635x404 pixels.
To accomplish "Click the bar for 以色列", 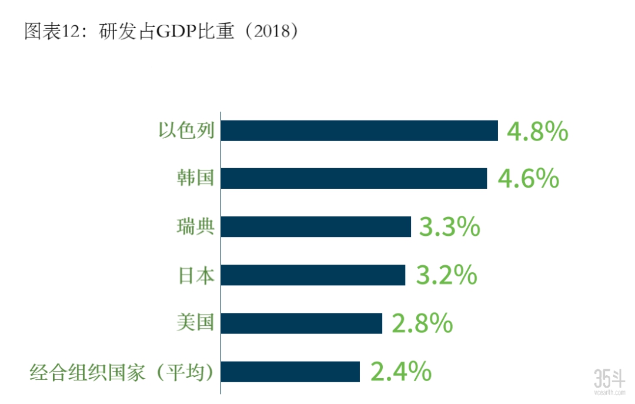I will point(359,131).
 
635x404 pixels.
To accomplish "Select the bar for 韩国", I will point(354,179).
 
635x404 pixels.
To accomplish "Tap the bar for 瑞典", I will point(316,227).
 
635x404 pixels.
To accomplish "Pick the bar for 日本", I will point(313,275).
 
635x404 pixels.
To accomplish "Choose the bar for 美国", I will point(302,323).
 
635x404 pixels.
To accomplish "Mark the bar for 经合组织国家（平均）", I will point(290,372).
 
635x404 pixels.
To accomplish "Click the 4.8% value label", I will point(537,132).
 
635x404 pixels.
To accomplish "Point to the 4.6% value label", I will point(528,179).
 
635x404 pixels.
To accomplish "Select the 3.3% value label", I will point(449,227).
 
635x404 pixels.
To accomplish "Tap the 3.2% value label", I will point(446,275).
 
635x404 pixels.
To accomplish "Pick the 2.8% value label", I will point(422,323).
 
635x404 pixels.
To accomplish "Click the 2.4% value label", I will point(401,372).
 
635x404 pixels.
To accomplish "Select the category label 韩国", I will point(195,178).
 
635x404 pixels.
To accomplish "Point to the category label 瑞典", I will point(195,227).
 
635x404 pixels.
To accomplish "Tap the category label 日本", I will point(196,275).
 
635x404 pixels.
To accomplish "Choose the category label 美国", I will point(195,323).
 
